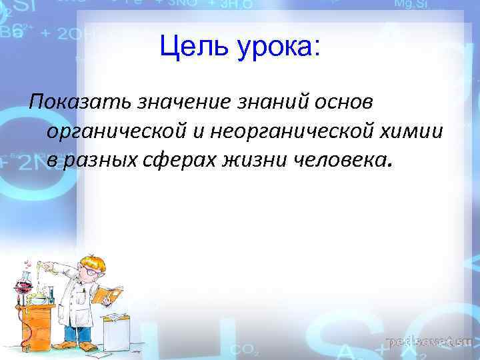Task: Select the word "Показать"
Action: tap(80, 103)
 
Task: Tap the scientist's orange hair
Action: tap(92, 261)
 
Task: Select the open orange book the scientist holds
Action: tap(108, 294)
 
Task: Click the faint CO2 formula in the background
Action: tap(241, 349)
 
